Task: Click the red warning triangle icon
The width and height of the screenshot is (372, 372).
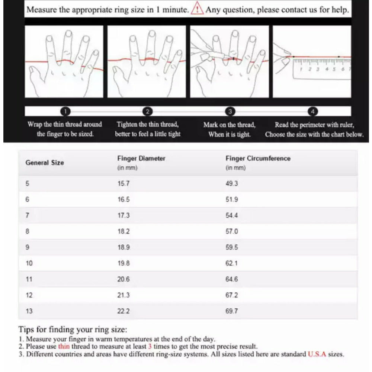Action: [x=197, y=10]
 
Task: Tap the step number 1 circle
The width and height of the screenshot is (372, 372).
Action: [x=65, y=111]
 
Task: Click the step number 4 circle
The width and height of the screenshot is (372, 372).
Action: [x=313, y=111]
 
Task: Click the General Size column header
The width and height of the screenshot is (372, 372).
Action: [x=45, y=163]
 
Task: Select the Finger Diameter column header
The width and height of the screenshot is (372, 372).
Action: [x=141, y=158]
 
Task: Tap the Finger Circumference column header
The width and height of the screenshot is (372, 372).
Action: [x=258, y=158]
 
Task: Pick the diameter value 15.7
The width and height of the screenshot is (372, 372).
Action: [x=124, y=183]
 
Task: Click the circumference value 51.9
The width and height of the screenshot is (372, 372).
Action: [x=232, y=199]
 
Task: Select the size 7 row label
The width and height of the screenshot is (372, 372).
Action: [x=27, y=215]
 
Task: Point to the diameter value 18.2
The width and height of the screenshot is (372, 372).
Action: [x=124, y=231]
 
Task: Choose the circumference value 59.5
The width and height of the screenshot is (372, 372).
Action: [x=232, y=247]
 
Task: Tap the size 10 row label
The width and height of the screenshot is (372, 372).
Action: [x=29, y=263]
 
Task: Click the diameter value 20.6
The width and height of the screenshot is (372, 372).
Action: [x=124, y=279]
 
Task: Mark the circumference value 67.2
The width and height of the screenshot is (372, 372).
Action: [x=232, y=295]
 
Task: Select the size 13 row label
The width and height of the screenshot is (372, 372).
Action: [x=29, y=311]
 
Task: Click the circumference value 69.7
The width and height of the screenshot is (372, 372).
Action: [x=232, y=311]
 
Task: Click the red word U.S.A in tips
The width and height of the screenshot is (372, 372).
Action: [x=317, y=354]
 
